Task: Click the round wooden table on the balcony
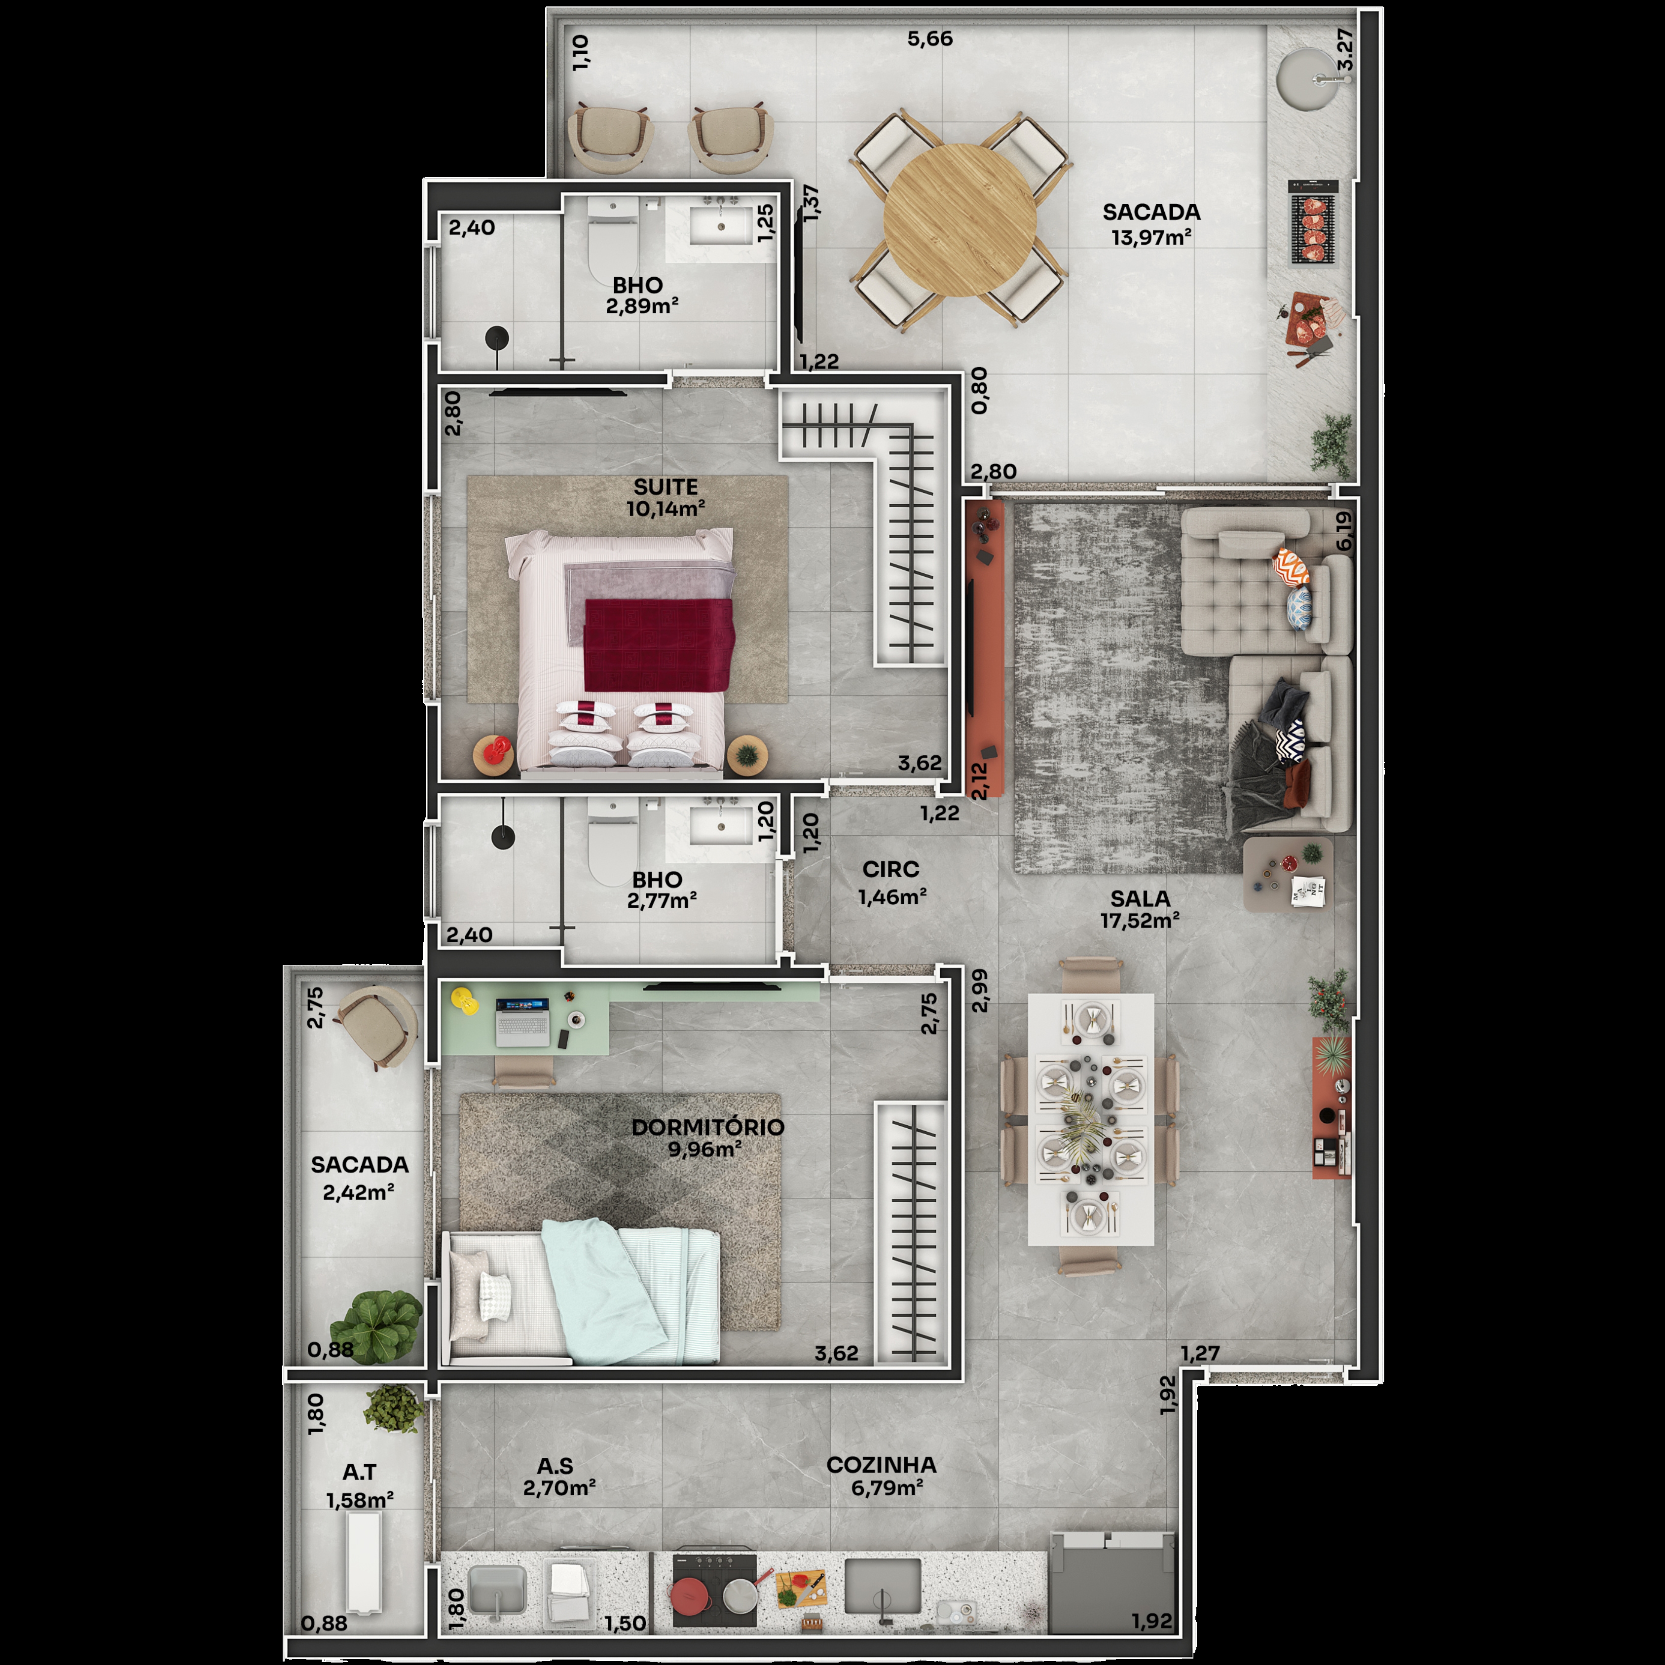(959, 220)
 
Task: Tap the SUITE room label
(666, 487)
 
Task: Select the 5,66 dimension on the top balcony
(930, 39)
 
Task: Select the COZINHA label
(881, 1465)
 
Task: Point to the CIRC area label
(890, 870)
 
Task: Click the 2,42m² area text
(359, 1193)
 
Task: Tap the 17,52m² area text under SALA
(1139, 921)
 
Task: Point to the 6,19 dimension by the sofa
(1343, 530)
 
